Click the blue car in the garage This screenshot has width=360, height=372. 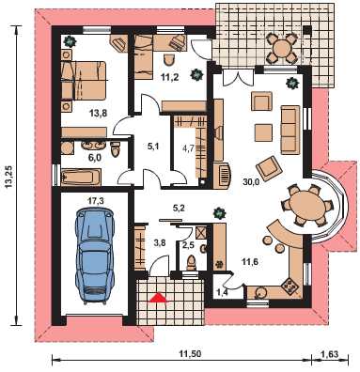coord(94,256)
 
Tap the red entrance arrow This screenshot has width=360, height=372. coord(158,298)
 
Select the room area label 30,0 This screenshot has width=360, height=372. coord(251,182)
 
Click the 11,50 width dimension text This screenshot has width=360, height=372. coord(190,354)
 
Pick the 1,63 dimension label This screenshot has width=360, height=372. coord(330,354)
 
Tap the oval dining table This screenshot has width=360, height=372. coord(306,206)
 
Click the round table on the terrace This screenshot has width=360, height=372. coord(282,49)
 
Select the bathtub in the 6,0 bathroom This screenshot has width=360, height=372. coord(81,178)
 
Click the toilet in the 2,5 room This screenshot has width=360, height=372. coord(191,263)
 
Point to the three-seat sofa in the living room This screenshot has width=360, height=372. coord(289,130)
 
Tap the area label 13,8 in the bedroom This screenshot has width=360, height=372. coord(99,113)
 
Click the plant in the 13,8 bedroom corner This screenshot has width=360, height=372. coord(69,41)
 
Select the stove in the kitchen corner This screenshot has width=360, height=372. coord(289,286)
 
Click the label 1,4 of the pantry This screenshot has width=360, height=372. coord(222,292)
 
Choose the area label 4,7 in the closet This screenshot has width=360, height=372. coord(189,147)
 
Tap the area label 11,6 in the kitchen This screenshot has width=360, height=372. coord(250,262)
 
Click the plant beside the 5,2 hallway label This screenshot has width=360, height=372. coord(219,213)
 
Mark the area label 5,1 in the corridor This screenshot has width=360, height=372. coord(153,147)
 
